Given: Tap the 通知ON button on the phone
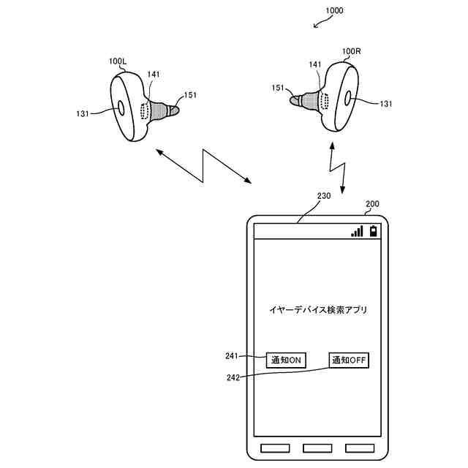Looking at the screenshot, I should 286,360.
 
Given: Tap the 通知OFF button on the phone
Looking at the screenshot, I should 349,360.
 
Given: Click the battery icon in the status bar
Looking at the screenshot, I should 374,231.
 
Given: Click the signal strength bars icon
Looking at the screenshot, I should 357,231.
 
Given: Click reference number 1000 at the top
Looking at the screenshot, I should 331,12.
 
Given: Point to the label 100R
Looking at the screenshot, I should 352,51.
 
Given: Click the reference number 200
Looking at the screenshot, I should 371,204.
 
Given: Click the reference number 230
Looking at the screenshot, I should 323,196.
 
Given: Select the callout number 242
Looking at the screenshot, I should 232,377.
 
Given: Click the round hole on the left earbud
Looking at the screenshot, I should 118,110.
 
